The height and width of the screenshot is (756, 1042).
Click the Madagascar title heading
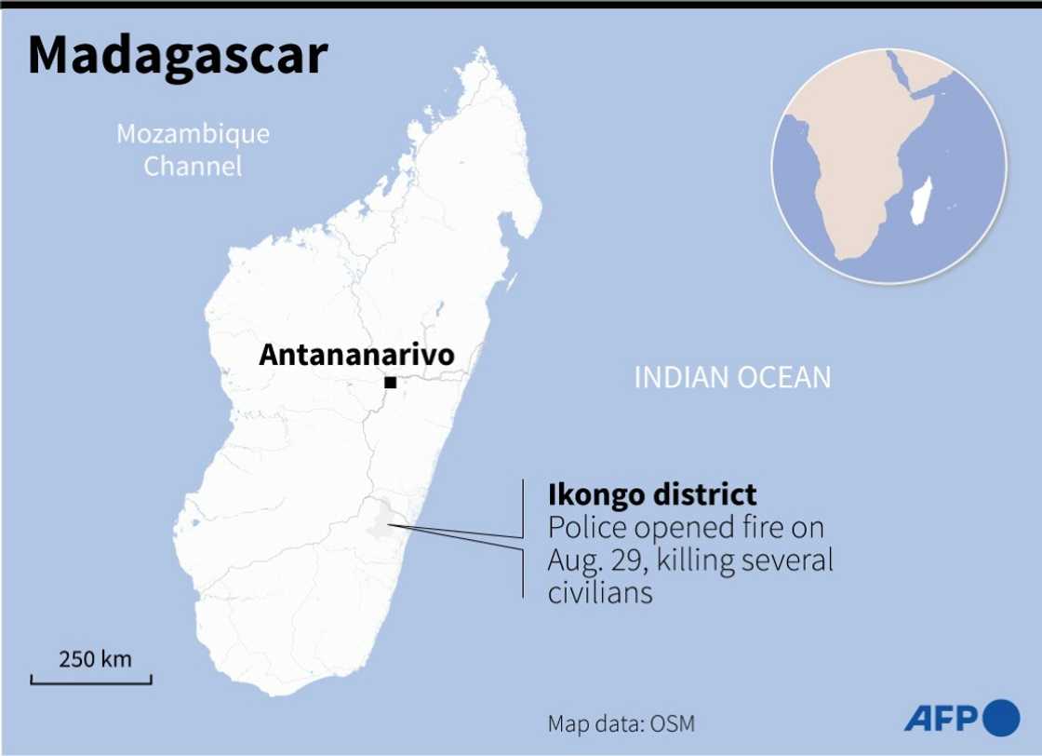pos(178,56)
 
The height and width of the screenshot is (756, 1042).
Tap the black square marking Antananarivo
pos(391,383)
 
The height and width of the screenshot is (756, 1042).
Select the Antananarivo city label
pos(356,355)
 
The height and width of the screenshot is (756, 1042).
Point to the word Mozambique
pos(193,134)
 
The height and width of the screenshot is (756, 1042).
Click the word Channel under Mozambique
pos(193,167)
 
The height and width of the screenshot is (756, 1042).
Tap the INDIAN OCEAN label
pos(731,377)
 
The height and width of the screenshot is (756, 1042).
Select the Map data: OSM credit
pos(621,723)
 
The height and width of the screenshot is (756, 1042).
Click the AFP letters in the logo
pos(940,719)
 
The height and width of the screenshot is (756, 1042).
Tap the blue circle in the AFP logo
pos(1000,718)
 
